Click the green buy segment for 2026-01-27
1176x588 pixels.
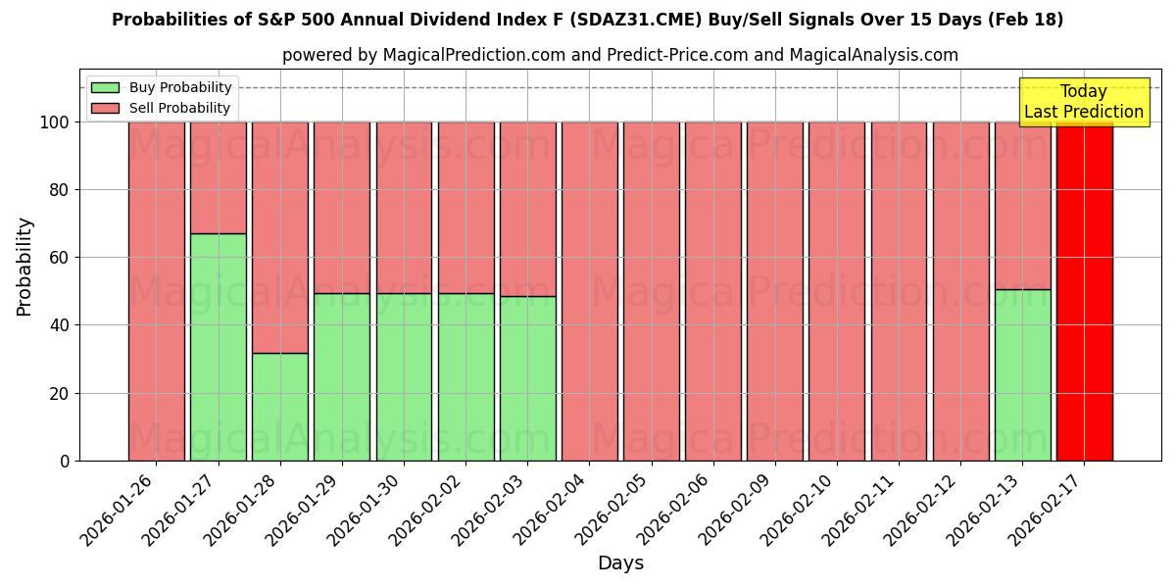click(x=218, y=347)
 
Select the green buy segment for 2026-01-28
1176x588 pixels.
click(x=280, y=407)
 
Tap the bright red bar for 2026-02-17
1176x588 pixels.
click(x=1084, y=291)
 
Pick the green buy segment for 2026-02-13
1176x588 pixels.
click(x=1022, y=374)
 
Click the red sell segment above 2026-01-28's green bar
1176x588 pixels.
click(x=280, y=237)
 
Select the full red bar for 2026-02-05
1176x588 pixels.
click(x=651, y=291)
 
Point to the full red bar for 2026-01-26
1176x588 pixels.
click(x=157, y=291)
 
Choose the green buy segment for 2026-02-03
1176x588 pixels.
click(x=527, y=378)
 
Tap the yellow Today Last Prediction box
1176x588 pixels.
click(x=1083, y=102)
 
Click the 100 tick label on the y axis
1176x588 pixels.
click(x=57, y=122)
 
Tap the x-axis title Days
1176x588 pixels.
click(x=620, y=563)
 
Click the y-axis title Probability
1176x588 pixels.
click(x=24, y=267)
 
